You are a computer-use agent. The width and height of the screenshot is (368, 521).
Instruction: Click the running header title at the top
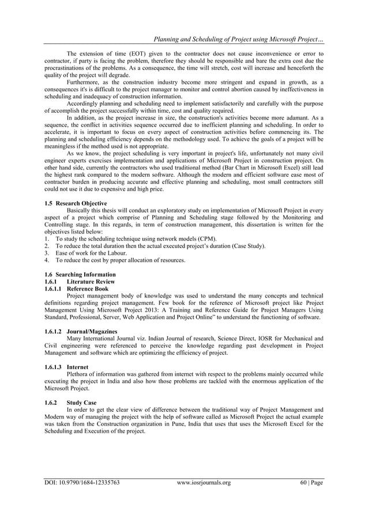pos(237,39)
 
